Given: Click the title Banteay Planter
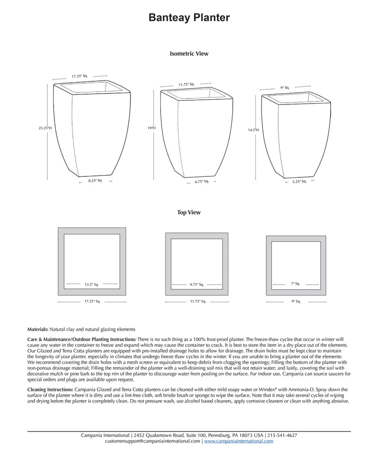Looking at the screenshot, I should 189,18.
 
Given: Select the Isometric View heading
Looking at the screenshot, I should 189,54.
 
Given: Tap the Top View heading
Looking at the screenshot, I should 189,213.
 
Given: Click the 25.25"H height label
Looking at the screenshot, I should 45,128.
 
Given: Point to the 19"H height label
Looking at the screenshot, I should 152,128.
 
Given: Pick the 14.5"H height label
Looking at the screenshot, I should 253,130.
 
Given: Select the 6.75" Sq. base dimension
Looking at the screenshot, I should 201,182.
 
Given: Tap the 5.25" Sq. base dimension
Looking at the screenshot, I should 299,181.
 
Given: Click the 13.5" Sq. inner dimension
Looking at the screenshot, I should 91,284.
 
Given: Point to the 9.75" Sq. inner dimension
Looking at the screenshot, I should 197,284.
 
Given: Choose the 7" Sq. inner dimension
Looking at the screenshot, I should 296,283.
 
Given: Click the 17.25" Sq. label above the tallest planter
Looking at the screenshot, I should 80,76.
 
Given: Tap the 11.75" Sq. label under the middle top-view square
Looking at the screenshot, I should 197,301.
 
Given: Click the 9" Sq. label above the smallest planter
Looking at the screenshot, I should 285,87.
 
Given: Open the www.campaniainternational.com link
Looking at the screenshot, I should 239,441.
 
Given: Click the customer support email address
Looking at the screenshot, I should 153,441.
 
